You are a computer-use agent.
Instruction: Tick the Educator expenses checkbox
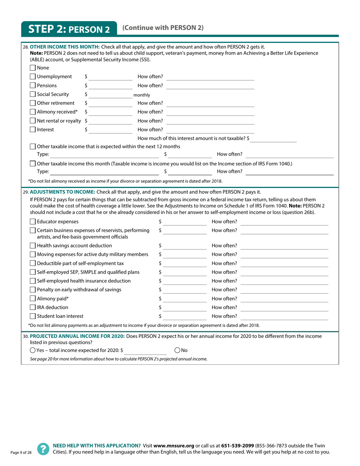[x=33, y=222]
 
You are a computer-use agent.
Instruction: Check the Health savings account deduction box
[x=33, y=246]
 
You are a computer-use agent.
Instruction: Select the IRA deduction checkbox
[x=33, y=307]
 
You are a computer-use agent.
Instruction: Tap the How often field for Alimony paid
[x=284, y=299]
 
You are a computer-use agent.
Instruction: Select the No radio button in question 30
[x=178, y=350]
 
